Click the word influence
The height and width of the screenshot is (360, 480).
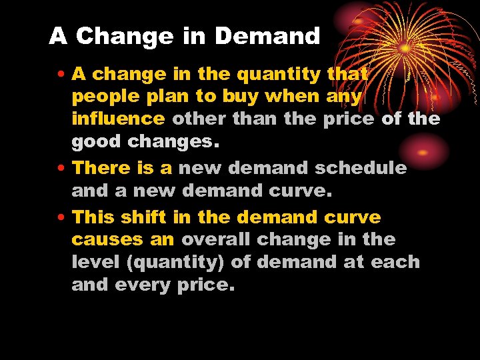tap(118, 119)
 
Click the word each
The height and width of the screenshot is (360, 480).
tap(396, 261)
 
